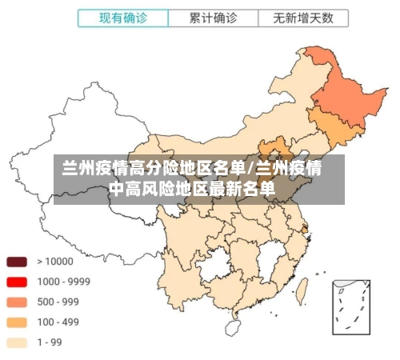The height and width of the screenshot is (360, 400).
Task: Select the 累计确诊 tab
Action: tap(213, 18)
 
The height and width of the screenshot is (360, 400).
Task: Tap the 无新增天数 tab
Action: tap(303, 18)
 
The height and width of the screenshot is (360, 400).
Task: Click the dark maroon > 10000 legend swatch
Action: tap(18, 262)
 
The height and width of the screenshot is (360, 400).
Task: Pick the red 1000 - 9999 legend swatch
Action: tap(18, 282)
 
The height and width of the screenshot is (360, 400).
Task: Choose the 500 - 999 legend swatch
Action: tap(18, 302)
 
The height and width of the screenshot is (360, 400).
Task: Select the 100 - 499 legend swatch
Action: tap(18, 322)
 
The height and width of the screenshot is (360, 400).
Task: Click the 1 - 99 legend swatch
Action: tap(18, 342)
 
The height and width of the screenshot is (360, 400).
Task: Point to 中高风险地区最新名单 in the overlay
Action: tap(192, 190)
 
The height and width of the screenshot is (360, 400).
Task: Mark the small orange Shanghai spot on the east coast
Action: tap(305, 229)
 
